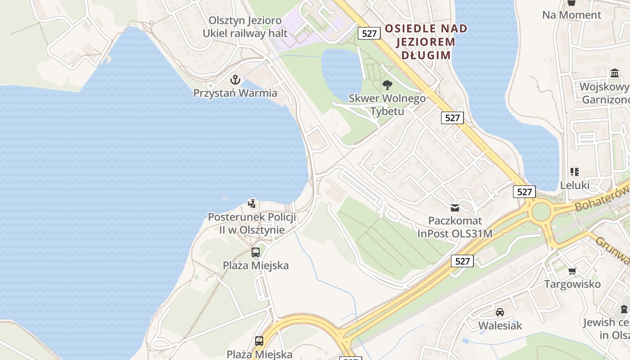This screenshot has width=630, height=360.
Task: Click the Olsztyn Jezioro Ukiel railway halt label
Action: [245, 27]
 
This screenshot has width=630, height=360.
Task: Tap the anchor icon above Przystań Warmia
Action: [235, 80]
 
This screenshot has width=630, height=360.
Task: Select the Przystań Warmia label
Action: [235, 93]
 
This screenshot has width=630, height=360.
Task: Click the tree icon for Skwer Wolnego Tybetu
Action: [387, 85]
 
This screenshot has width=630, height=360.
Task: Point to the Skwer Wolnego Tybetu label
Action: [387, 104]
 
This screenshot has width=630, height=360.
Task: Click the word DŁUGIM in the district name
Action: [425, 55]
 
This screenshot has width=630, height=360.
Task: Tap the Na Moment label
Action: [571, 15]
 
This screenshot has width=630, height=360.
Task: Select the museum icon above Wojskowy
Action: [615, 73]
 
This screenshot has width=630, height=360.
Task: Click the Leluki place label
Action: [575, 185]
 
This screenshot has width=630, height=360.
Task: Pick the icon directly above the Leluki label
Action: [575, 171]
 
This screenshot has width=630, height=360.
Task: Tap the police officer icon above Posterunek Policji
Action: [252, 203]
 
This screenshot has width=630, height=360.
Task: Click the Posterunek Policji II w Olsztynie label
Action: [252, 223]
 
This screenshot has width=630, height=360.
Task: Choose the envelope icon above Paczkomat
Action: [455, 207]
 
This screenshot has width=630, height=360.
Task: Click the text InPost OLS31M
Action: [454, 234]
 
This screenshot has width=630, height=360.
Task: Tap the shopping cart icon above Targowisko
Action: [572, 271]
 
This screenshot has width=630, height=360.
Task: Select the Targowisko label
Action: [572, 284]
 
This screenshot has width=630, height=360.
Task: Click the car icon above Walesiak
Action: [499, 312]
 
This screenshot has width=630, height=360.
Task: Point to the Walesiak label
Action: [500, 325]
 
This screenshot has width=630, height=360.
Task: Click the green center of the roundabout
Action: [541, 211]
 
